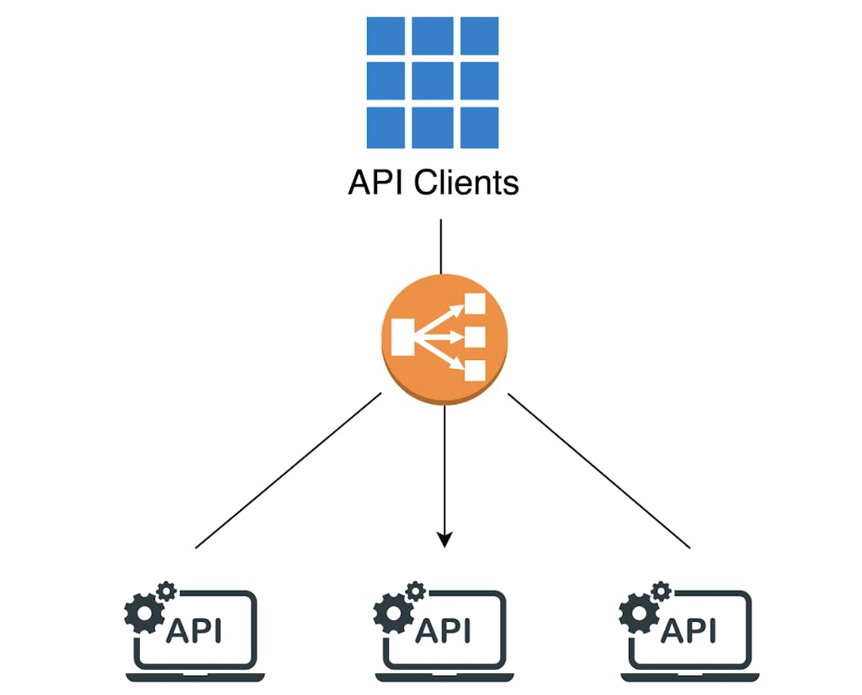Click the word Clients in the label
[x=466, y=182]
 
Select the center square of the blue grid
[x=433, y=82]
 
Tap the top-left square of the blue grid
[x=386, y=36]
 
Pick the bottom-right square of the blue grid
[x=478, y=127]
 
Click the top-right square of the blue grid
[x=478, y=36]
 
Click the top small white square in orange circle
[x=476, y=304]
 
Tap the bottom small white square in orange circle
[x=476, y=371]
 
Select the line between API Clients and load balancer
[x=440, y=246]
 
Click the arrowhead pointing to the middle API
[x=445, y=539]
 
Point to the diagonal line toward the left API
[x=286, y=472]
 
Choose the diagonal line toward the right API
[x=599, y=472]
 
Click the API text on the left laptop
[x=195, y=630]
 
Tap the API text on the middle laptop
[x=444, y=630]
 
